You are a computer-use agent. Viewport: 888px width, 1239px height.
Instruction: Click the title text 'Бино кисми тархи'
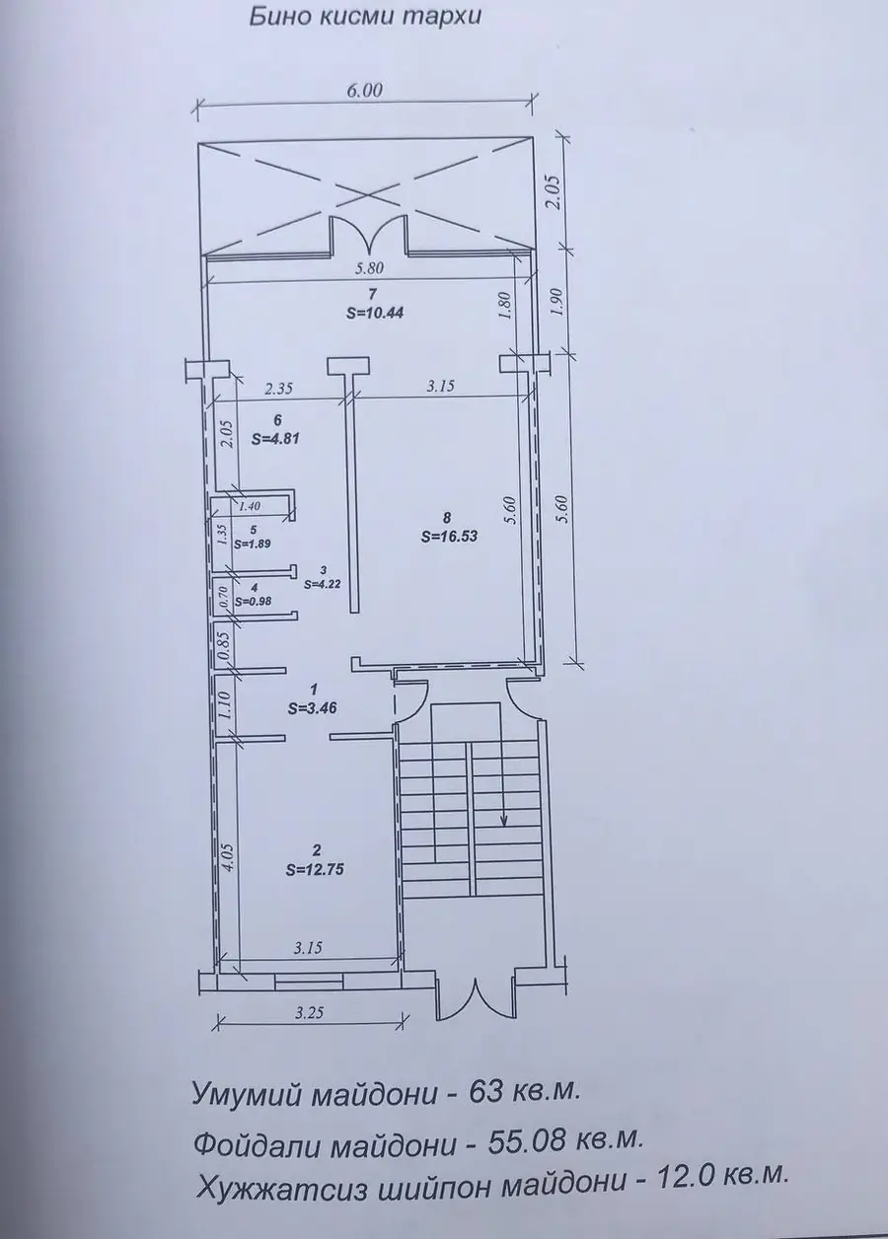pos(365,18)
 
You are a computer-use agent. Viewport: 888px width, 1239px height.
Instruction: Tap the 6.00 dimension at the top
pos(365,90)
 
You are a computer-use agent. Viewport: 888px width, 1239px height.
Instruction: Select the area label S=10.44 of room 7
pos(375,313)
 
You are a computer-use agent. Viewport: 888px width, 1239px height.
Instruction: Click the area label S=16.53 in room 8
pos(449,536)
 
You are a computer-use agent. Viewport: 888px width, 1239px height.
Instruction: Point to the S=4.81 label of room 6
pos(275,439)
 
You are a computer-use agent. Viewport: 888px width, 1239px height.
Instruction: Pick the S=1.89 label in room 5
pos(253,544)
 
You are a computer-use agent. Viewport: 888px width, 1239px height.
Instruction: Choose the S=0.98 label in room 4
pos(253,601)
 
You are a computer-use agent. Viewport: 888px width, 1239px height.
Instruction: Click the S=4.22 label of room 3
pos(322,583)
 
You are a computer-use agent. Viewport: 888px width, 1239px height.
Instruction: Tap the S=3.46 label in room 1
pos(313,708)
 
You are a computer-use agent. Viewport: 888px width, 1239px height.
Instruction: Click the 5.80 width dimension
pos(370,269)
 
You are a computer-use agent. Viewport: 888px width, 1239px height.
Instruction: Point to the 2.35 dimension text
pos(278,388)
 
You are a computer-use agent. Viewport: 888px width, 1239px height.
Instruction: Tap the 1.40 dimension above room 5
pos(250,505)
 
